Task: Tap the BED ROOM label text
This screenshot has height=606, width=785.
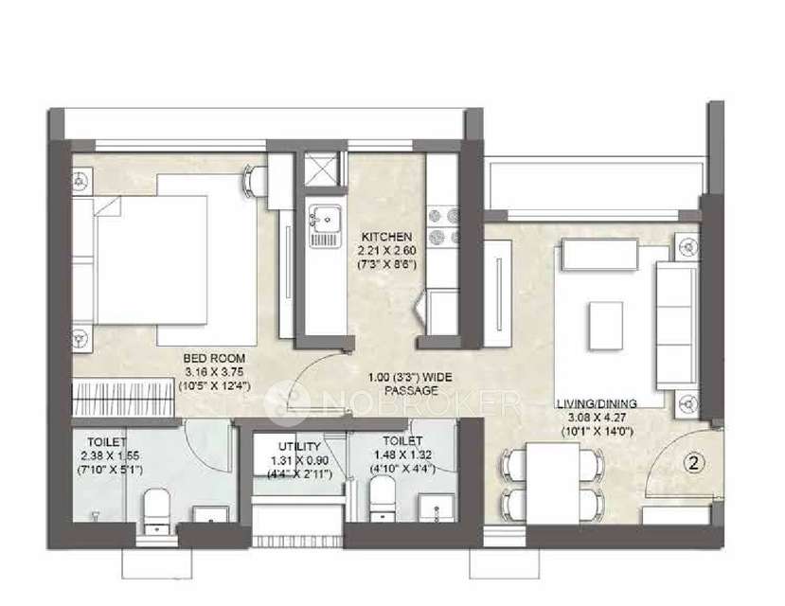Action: (x=216, y=358)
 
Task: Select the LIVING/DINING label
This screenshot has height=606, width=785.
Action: (x=597, y=402)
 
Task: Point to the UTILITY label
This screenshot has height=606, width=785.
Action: (x=298, y=446)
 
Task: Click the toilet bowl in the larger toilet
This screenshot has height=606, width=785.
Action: (x=154, y=507)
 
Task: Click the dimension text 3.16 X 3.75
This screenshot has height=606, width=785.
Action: (x=216, y=371)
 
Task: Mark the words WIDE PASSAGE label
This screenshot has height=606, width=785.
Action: (x=413, y=383)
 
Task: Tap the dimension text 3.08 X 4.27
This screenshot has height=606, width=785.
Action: (x=597, y=416)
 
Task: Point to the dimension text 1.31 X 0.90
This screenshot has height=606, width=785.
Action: (x=298, y=459)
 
